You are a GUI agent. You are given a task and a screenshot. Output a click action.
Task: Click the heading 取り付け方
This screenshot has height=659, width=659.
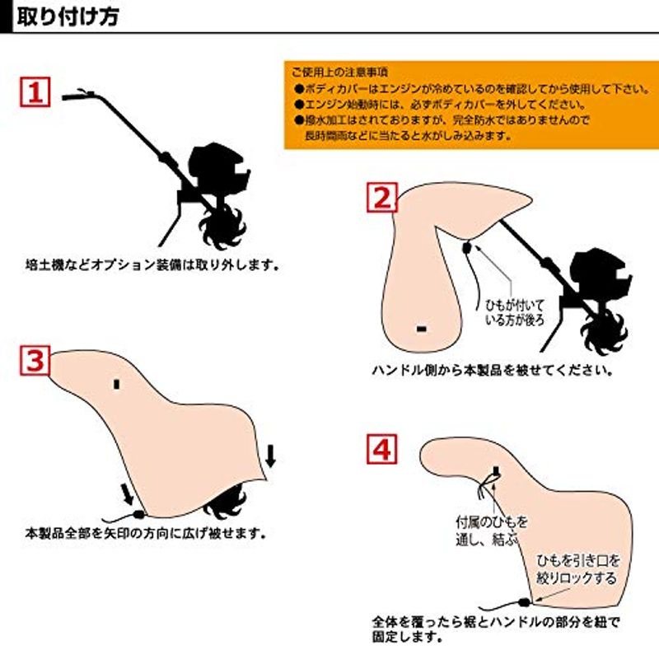point(68,16)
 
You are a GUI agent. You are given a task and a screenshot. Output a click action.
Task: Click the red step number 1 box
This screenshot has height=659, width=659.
point(35,91)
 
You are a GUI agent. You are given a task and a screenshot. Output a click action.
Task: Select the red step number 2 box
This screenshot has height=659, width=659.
point(382,197)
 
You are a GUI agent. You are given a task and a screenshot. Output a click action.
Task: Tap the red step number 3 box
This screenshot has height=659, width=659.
point(35,360)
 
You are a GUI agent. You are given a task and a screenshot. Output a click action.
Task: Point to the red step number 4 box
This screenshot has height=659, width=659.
point(382,449)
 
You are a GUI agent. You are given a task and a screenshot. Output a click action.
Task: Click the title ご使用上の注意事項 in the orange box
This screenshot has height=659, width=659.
point(339,72)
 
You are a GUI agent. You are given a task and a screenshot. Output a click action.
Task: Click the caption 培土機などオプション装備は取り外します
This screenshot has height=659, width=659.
point(152,265)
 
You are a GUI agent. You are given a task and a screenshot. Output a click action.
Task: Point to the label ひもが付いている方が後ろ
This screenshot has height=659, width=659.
point(514,312)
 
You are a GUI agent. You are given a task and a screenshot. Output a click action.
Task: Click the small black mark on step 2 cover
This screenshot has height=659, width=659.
point(421,329)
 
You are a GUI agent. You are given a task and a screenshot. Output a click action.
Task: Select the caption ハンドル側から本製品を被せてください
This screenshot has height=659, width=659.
point(492,370)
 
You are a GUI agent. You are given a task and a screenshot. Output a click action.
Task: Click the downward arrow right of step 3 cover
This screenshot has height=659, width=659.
point(271,456)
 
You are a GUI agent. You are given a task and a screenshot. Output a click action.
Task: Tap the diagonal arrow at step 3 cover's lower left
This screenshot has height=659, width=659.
point(128,493)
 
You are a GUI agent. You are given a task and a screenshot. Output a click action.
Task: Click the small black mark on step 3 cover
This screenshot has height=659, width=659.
point(116,384)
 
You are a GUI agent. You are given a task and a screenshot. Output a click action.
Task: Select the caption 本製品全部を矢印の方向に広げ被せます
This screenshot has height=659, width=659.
point(146,533)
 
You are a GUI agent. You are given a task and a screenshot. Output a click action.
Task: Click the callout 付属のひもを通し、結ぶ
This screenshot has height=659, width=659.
point(491,530)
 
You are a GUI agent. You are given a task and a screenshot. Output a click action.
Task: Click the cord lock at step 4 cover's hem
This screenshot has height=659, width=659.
point(524,602)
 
